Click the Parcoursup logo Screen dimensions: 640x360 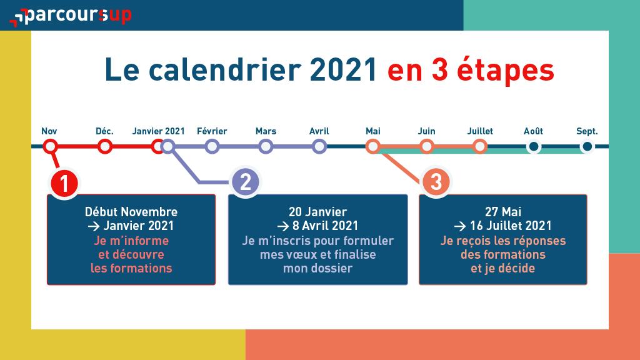click(70, 16)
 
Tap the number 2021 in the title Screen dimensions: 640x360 click(343, 70)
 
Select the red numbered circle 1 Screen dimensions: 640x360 click(64, 183)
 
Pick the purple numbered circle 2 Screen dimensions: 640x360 click(245, 182)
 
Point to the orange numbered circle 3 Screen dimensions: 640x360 click(436, 182)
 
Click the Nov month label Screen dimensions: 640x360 click(49, 131)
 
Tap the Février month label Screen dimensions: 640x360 click(212, 131)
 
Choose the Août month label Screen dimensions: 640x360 click(533, 131)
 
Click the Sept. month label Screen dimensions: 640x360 click(587, 131)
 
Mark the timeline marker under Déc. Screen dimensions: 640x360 click(105, 146)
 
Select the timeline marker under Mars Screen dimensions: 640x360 click(266, 146)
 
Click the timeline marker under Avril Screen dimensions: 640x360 click(319, 146)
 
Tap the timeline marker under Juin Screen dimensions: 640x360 click(426, 146)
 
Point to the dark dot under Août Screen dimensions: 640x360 click(534, 146)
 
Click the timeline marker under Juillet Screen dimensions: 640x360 click(480, 146)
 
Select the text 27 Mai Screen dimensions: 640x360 click(503, 212)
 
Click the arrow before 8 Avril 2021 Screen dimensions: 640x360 click(283, 226)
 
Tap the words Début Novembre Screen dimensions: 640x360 click(131, 212)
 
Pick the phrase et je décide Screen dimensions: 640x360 click(503, 269)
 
